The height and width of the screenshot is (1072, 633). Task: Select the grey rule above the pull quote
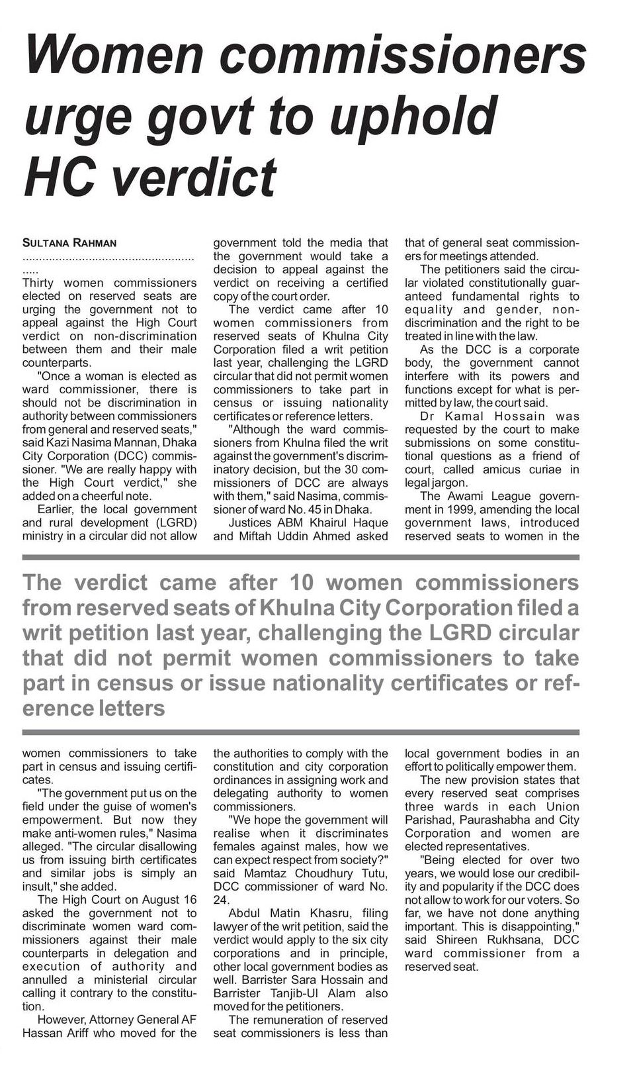point(301,558)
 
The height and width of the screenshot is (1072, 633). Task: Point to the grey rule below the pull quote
point(301,732)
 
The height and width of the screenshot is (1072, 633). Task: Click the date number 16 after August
point(189,899)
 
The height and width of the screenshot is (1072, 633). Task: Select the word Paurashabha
point(459,820)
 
